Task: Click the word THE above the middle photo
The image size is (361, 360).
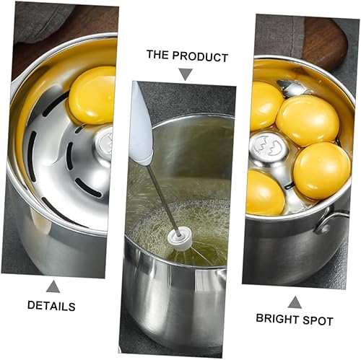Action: coord(157,55)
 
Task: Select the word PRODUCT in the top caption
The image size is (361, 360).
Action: coord(200,57)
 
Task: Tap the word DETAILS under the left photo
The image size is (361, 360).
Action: coord(51,306)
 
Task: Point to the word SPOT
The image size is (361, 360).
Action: coord(318,321)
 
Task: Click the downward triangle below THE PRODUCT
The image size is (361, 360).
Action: coord(186,74)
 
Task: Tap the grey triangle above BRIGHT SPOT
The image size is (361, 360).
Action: coord(295,302)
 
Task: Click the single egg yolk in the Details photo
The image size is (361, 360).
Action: coord(92,95)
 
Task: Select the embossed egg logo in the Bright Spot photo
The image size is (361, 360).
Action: coord(269,146)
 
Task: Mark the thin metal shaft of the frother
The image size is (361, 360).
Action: coord(162,199)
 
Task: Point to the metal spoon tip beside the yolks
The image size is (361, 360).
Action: coord(292,88)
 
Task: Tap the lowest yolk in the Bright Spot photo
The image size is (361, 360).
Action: coord(265,192)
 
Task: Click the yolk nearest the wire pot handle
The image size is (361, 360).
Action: coord(322,170)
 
